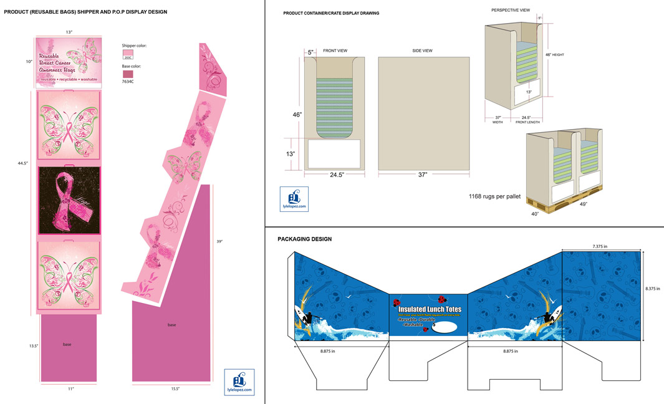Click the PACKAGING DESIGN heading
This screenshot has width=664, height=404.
click(304, 239)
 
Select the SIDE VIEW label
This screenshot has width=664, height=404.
click(422, 50)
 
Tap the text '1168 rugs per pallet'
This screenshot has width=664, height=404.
click(494, 196)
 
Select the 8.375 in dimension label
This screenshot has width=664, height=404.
click(653, 289)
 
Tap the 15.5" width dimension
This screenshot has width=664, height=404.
click(175, 388)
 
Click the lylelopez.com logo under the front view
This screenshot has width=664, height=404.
click(294, 199)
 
